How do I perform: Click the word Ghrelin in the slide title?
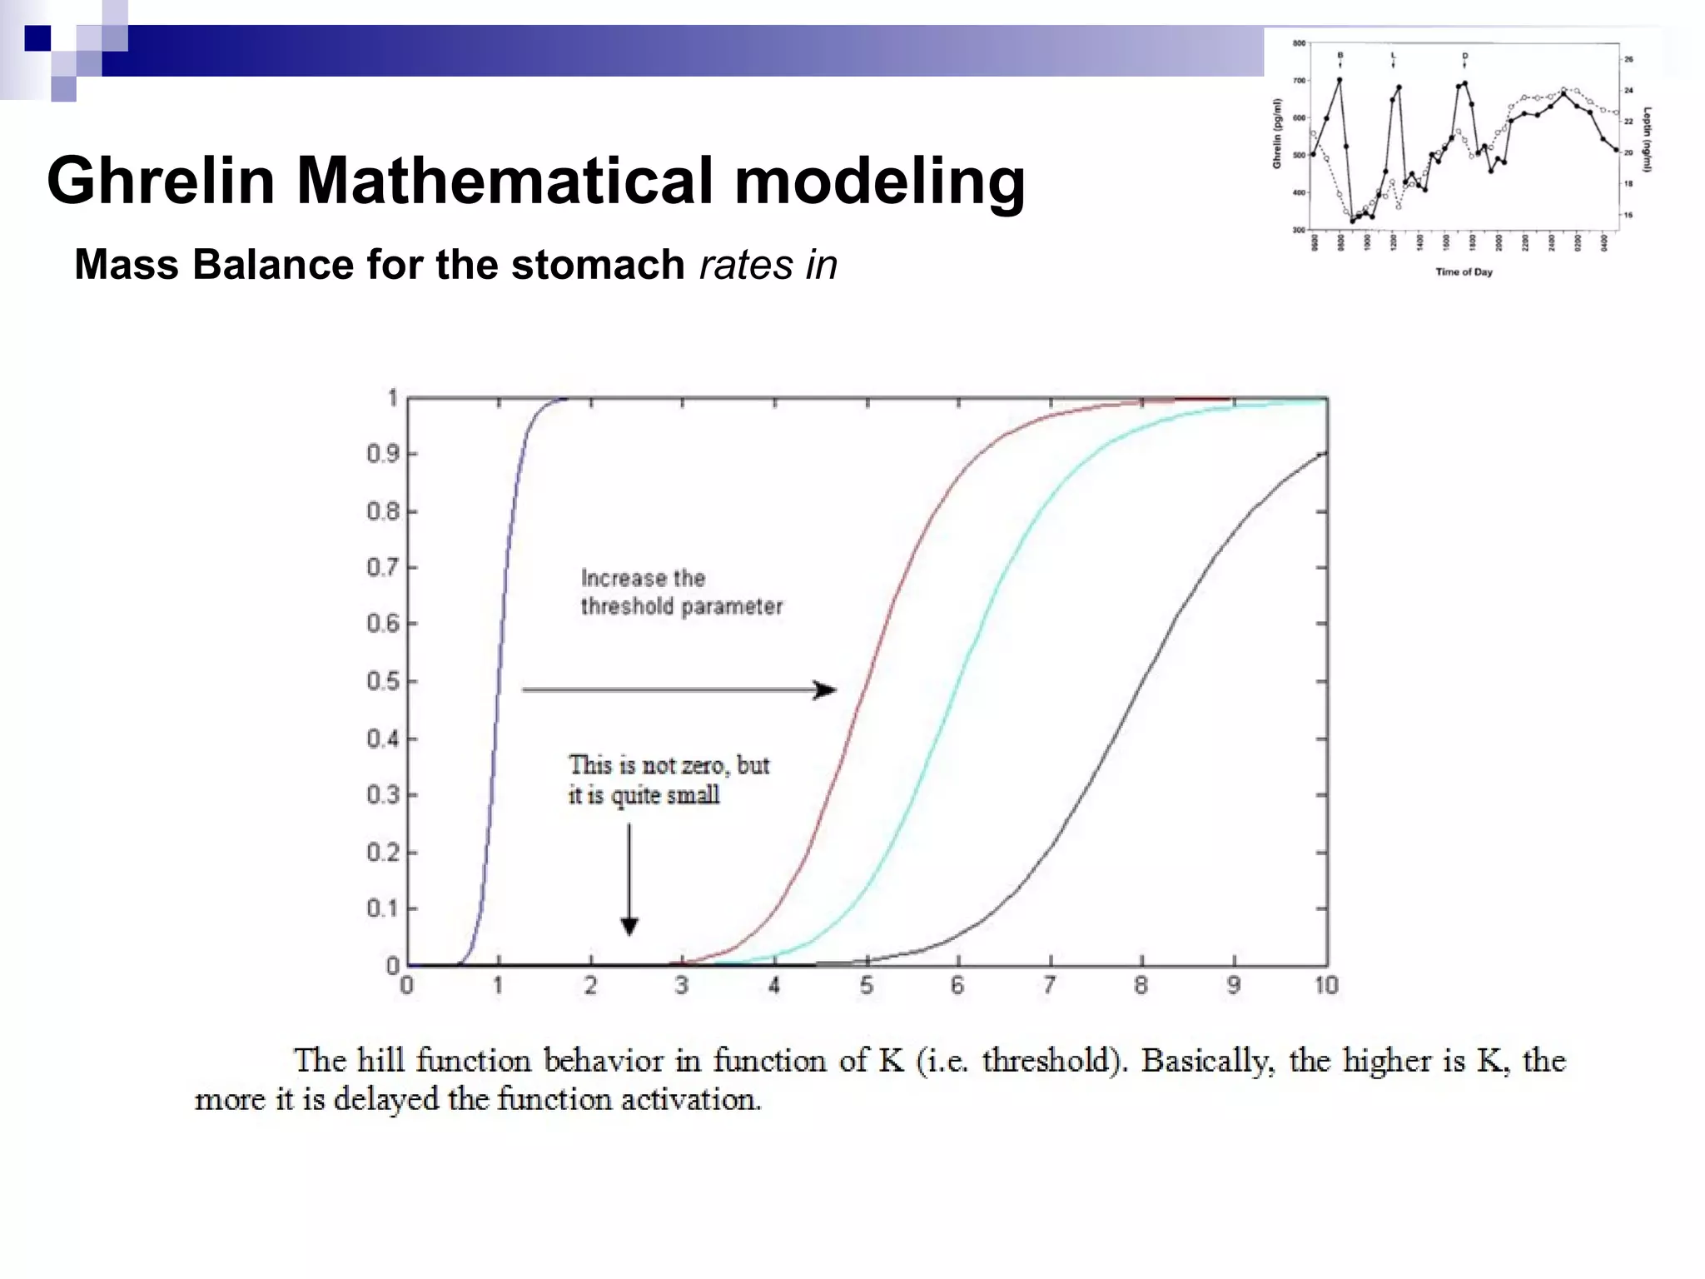[161, 181]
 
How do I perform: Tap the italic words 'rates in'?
[768, 266]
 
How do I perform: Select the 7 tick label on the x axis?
[1050, 986]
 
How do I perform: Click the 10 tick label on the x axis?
[1325, 986]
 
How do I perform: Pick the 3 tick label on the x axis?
[682, 986]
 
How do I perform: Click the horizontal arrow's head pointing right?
[824, 690]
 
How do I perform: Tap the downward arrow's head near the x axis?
[629, 926]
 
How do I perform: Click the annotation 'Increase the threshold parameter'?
[681, 592]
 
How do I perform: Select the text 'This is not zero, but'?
[669, 765]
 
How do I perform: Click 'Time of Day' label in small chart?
[1464, 271]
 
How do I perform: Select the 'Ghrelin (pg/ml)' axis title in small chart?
[1276, 133]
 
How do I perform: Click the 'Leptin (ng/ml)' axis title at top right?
[1647, 139]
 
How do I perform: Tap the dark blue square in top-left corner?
[37, 38]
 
